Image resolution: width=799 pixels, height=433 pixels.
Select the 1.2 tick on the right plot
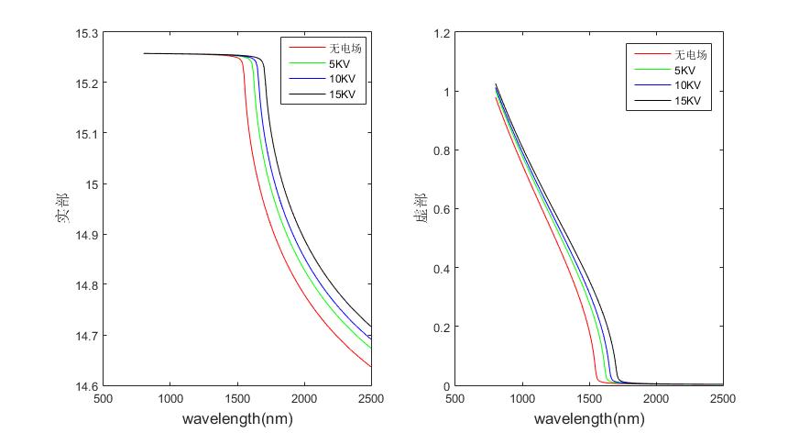coord(441,33)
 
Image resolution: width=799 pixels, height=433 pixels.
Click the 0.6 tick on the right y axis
coord(441,209)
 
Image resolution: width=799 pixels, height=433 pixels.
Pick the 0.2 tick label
coord(441,328)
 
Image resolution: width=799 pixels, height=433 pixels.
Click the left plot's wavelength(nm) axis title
coord(237,419)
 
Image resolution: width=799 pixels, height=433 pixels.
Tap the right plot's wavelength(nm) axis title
coord(589,419)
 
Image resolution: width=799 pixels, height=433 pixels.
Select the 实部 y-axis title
coord(63,209)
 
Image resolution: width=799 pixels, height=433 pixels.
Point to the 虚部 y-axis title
coord(420,209)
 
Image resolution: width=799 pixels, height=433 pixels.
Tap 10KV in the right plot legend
coord(688,85)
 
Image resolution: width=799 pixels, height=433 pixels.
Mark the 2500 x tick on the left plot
coord(371,399)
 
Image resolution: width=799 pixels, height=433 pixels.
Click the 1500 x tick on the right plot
coord(589,399)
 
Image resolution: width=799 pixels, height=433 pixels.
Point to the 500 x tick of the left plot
coord(104,399)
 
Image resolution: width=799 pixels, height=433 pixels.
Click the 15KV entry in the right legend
coord(688,101)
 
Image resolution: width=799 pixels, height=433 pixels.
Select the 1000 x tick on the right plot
coord(522,399)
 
